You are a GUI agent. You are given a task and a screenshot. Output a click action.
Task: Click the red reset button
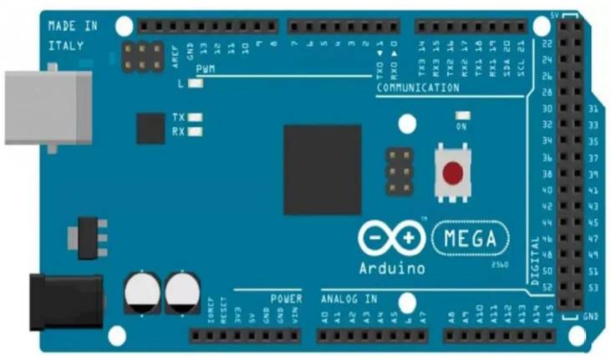[452, 173]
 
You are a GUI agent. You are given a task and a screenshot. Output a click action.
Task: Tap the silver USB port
[48, 108]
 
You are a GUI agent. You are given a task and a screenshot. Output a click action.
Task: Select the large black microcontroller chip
[322, 170]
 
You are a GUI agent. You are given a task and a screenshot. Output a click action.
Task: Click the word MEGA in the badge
[471, 240]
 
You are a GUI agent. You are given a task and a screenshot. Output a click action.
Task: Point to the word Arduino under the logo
[392, 269]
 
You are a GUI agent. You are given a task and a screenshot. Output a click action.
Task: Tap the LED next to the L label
[196, 84]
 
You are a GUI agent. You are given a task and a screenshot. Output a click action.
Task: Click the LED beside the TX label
[196, 118]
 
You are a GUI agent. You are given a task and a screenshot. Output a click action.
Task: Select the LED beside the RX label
[196, 131]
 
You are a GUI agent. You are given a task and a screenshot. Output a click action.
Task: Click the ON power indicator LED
[461, 115]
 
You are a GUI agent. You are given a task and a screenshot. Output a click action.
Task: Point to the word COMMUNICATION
[418, 88]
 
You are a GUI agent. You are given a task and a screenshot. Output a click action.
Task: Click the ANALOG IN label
[349, 298]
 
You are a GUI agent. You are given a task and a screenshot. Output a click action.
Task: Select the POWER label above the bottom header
[286, 298]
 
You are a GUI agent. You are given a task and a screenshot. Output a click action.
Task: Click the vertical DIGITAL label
[536, 261]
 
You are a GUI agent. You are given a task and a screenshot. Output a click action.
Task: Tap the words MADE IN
[73, 27]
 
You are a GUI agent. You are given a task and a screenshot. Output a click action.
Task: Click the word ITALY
[66, 45]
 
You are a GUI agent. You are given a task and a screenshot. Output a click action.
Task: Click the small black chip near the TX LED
[150, 129]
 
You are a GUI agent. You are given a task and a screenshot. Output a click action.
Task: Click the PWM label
[206, 69]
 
